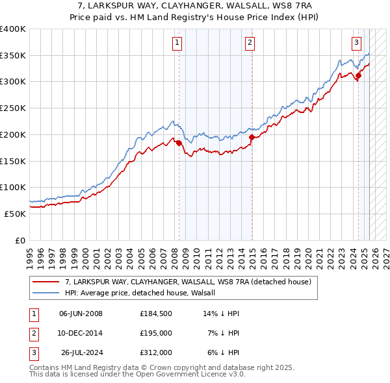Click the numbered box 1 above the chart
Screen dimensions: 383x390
pyautogui.click(x=177, y=43)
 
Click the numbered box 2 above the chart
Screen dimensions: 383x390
pyautogui.click(x=250, y=43)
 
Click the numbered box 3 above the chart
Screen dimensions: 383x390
pyautogui.click(x=357, y=43)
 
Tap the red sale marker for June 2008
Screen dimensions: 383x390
pyautogui.click(x=179, y=143)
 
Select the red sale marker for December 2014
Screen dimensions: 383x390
pyautogui.click(x=252, y=138)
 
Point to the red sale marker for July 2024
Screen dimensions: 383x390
pyautogui.click(x=358, y=76)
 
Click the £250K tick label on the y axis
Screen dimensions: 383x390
pyautogui.click(x=12, y=108)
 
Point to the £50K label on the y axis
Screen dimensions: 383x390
pyautogui.click(x=15, y=214)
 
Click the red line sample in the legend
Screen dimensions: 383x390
pyautogui.click(x=45, y=282)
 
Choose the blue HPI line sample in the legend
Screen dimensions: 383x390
pyautogui.click(x=45, y=293)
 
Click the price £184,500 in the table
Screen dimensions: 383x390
pyautogui.click(x=155, y=314)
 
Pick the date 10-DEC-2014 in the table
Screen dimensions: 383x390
pyautogui.click(x=81, y=333)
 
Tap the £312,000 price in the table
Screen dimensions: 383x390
pyautogui.click(x=155, y=352)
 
